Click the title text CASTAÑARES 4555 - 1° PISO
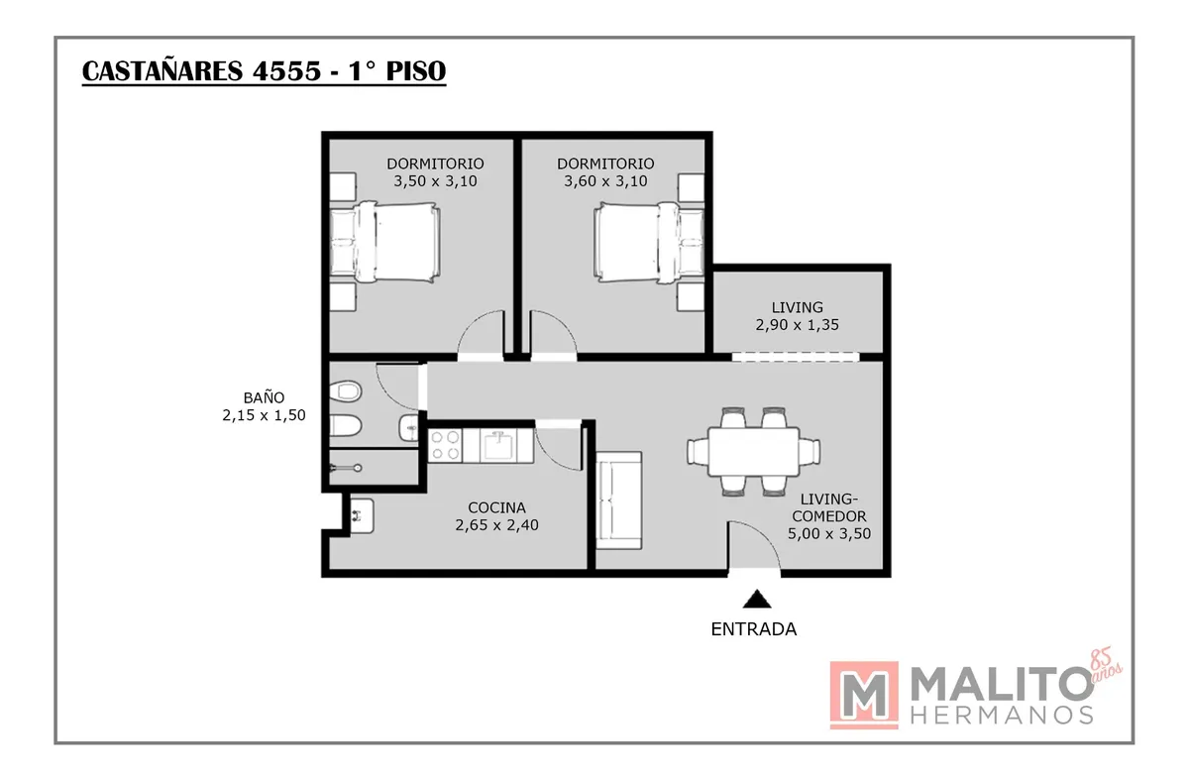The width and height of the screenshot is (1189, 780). [x=264, y=72]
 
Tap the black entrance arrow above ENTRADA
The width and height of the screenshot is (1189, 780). [x=757, y=598]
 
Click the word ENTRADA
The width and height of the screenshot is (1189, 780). [x=754, y=628]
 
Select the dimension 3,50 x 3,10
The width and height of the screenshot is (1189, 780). [x=435, y=181]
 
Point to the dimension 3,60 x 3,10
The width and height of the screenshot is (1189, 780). [x=605, y=181]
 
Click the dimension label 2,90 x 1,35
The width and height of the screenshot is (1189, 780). [x=798, y=324]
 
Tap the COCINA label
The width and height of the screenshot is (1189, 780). [x=496, y=507]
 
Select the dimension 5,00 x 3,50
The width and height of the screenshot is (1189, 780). [x=829, y=533]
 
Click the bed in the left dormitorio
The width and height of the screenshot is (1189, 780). [x=383, y=239]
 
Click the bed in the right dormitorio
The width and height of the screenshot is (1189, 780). [x=649, y=239]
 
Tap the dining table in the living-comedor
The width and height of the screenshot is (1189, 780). [x=754, y=451]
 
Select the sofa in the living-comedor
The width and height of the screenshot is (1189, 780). [x=619, y=499]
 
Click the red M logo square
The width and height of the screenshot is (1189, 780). [x=864, y=695]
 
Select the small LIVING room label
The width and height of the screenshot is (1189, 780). [x=798, y=307]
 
